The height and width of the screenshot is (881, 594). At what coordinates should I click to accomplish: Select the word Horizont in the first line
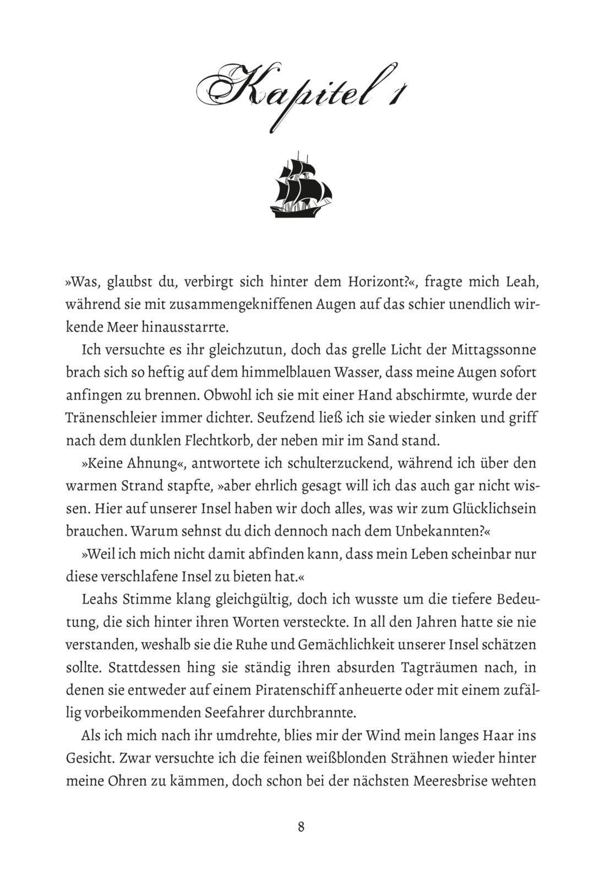click(377, 282)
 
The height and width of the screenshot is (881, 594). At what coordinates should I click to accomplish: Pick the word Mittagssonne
click(494, 350)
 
